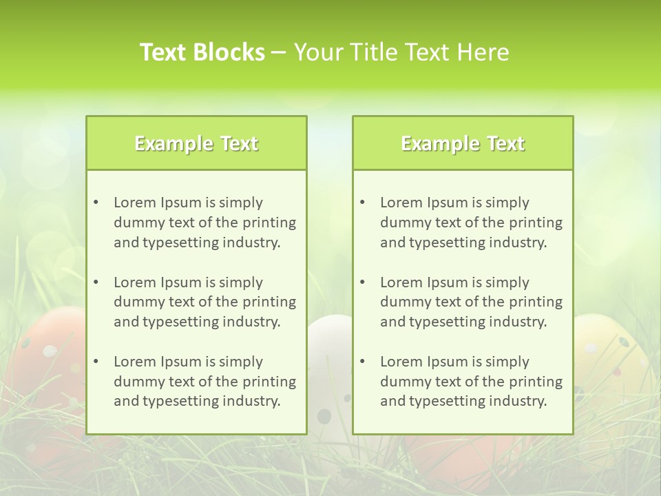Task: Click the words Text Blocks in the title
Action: [x=202, y=52]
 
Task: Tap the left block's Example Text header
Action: [x=196, y=143]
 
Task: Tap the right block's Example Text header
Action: [x=463, y=143]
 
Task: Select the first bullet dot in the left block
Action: [x=96, y=203]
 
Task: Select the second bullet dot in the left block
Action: [x=96, y=282]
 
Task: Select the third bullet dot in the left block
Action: [x=96, y=362]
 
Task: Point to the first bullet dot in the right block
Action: [x=362, y=203]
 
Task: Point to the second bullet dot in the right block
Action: [x=362, y=282]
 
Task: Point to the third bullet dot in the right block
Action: [x=362, y=362]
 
